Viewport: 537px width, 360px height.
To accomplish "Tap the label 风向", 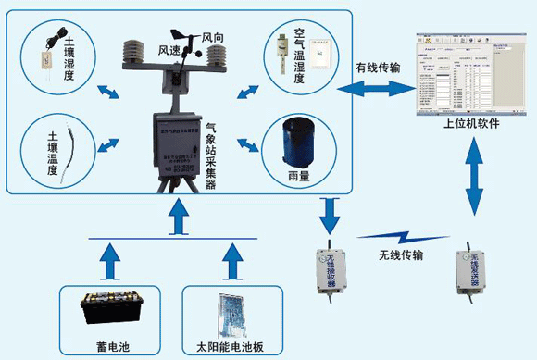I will point(213,39).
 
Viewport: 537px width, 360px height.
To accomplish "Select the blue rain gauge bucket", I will point(297,142).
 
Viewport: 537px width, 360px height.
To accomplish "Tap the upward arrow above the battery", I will point(110,262).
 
